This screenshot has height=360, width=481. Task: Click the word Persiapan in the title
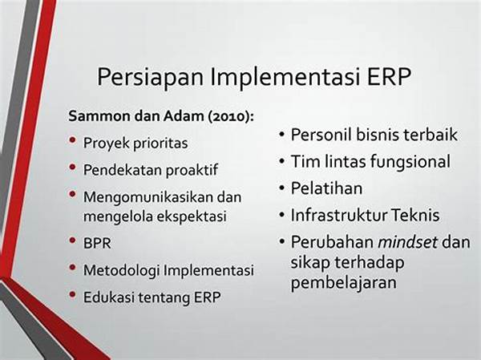[151, 77]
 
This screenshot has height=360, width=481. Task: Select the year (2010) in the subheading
[231, 116]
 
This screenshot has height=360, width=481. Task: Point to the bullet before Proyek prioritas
[73, 140]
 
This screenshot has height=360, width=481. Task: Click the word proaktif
[192, 170]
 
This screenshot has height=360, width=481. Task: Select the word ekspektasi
[192, 216]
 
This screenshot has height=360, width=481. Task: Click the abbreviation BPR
[97, 244]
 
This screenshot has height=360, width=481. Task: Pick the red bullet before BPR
[73, 241]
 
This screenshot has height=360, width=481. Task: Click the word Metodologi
[122, 271]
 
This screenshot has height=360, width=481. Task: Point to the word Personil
[320, 135]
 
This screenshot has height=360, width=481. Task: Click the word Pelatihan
[326, 188]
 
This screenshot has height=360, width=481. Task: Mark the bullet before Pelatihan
[282, 188]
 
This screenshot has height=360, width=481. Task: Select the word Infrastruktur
[339, 215]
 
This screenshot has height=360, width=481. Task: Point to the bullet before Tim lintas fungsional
[282, 161]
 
